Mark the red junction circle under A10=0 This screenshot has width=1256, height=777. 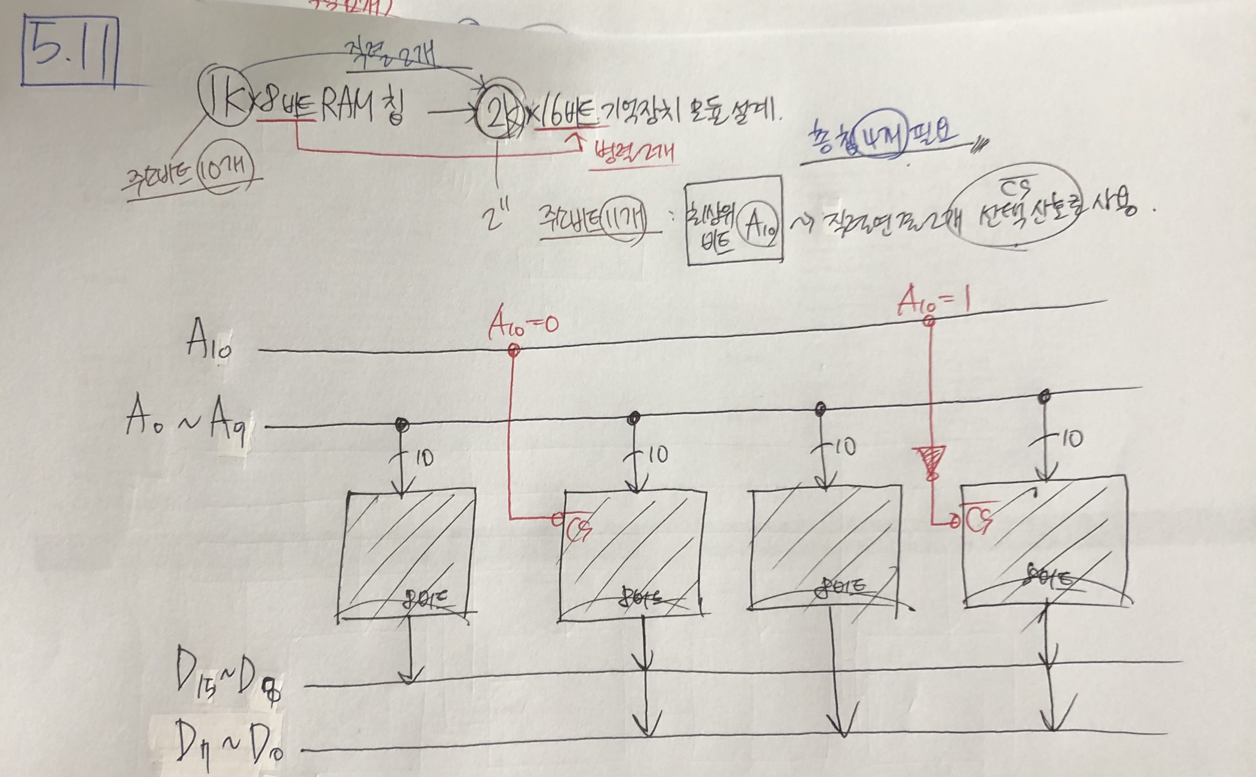(513, 351)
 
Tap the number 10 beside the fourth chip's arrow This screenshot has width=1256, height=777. (1072, 439)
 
